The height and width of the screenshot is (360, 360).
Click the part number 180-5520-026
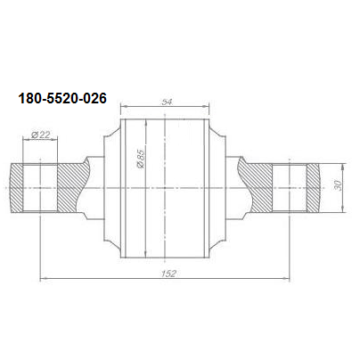[x=62, y=98]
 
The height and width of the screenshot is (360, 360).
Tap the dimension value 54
[x=167, y=102]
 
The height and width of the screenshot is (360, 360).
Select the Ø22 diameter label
[x=40, y=135]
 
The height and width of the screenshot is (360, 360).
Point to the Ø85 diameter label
[x=141, y=159]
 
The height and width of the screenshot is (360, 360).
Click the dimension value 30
[x=338, y=185]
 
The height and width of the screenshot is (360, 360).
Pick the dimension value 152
[x=168, y=274]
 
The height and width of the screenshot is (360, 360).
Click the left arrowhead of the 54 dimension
[x=123, y=106]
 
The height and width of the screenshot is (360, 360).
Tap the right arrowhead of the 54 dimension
[x=207, y=106]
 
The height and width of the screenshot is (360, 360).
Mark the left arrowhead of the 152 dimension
[x=43, y=279]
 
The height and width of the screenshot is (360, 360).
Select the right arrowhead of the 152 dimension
[x=287, y=279]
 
